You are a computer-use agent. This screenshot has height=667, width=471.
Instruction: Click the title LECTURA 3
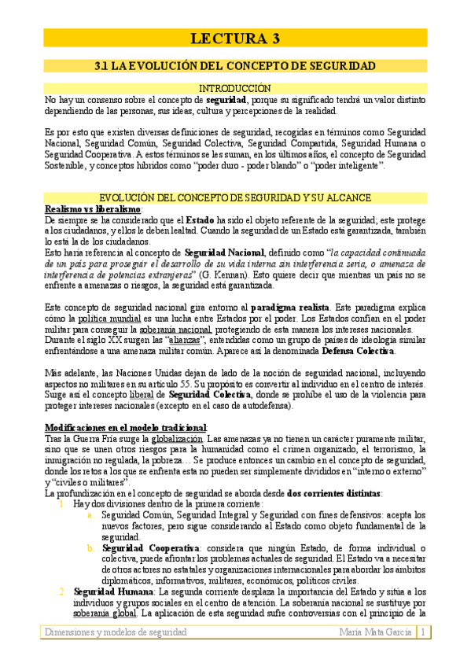(x=236, y=38)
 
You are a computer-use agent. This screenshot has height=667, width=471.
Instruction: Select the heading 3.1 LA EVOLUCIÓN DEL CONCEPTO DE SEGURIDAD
(x=235, y=66)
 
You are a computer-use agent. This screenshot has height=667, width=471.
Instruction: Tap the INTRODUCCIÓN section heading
(x=235, y=89)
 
